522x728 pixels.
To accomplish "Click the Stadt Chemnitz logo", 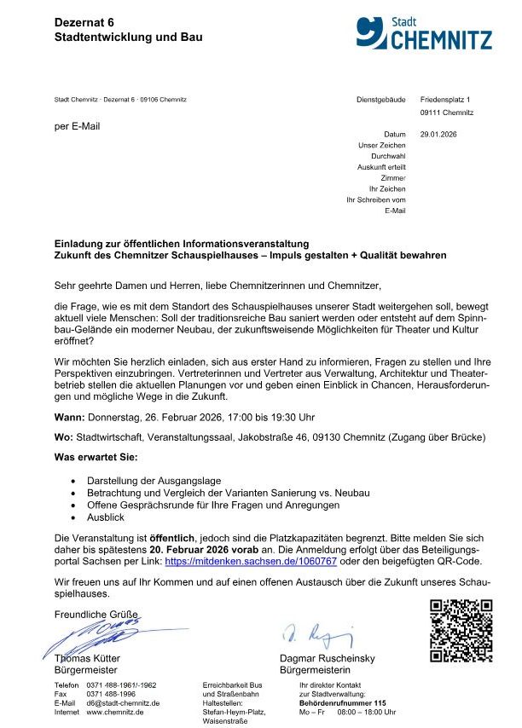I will click(x=424, y=33).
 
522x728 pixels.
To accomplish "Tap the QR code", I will click(x=461, y=631).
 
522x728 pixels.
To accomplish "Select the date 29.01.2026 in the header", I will click(x=439, y=135).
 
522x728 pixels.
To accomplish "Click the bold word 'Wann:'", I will click(x=69, y=419).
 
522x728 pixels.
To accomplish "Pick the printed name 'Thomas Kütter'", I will click(x=87, y=659).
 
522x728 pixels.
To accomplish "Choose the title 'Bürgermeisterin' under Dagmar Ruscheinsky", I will click(x=315, y=670).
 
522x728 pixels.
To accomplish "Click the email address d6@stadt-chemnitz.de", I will click(x=123, y=703).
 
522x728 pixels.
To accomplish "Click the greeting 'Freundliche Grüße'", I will click(x=96, y=614).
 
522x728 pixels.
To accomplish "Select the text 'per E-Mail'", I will click(x=77, y=126).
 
